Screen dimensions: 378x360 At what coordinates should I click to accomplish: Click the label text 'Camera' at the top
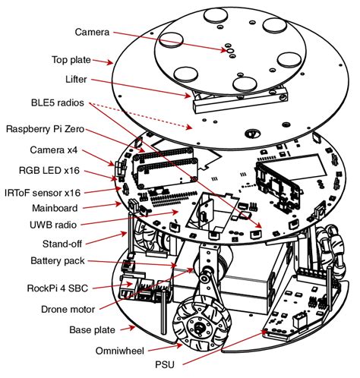pos(92,32)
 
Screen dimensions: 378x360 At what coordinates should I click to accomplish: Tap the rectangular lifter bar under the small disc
pos(238,96)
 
